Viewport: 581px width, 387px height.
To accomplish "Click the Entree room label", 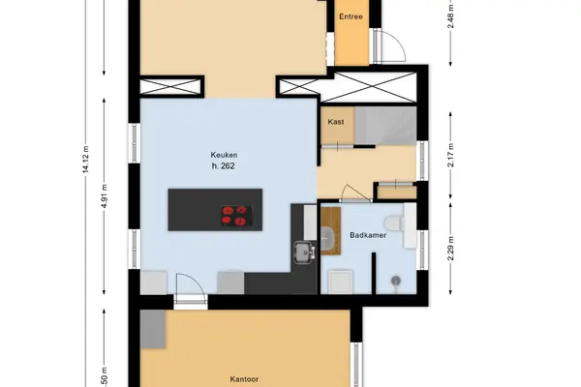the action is pyautogui.click(x=351, y=16).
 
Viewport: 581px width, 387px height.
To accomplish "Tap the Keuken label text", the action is pyautogui.click(x=224, y=155).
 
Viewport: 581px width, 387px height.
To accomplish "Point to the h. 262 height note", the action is pyautogui.click(x=223, y=165).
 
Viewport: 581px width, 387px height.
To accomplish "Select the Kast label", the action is pyautogui.click(x=336, y=122).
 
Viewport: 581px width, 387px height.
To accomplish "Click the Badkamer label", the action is pyautogui.click(x=368, y=235).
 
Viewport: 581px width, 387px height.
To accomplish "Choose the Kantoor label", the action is pyautogui.click(x=244, y=379).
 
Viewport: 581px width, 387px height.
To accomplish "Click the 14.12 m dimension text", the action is pyautogui.click(x=85, y=160).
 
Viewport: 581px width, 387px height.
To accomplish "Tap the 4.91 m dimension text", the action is pyautogui.click(x=105, y=195).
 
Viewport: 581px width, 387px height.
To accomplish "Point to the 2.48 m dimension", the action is pyautogui.click(x=450, y=16).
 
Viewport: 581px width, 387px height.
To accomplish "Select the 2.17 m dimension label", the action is pyautogui.click(x=450, y=155).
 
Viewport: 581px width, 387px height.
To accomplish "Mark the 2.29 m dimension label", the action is pyautogui.click(x=450, y=248).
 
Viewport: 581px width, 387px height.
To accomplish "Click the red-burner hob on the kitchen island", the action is pyautogui.click(x=237, y=216).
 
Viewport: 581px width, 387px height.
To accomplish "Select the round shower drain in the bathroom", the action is pyautogui.click(x=396, y=281).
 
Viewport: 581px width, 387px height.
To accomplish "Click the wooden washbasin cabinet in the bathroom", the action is pyautogui.click(x=331, y=231).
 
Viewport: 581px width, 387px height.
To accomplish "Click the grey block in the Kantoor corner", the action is pyautogui.click(x=153, y=329).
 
